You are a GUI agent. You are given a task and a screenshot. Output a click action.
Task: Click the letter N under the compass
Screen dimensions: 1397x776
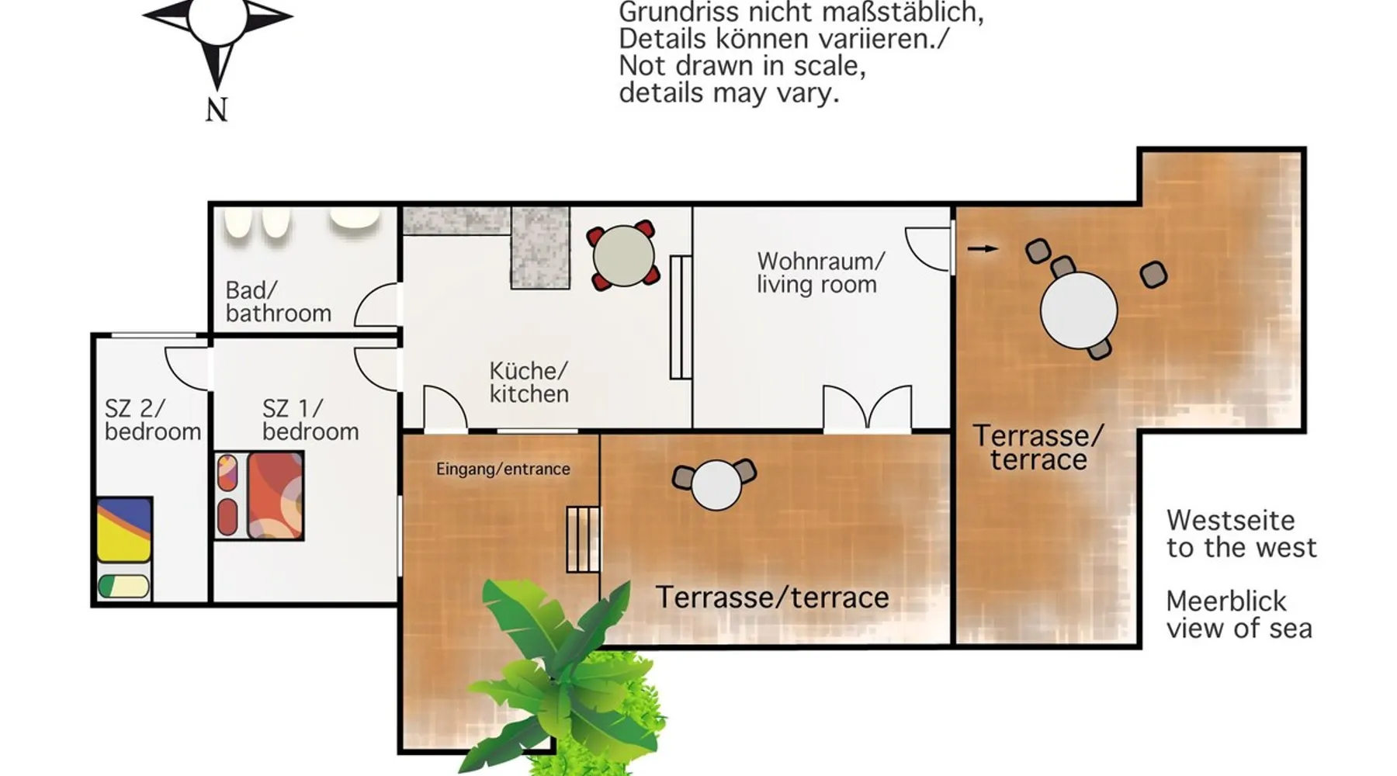pyautogui.click(x=217, y=110)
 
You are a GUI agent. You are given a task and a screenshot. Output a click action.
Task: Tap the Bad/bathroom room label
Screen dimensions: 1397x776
pyautogui.click(x=278, y=302)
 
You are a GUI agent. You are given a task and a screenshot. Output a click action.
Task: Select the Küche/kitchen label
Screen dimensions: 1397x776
pyautogui.click(x=529, y=382)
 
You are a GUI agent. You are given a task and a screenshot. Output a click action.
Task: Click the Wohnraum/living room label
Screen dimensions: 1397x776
pyautogui.click(x=820, y=272)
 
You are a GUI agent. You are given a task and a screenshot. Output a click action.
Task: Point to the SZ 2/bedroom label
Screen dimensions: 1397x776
pyautogui.click(x=153, y=420)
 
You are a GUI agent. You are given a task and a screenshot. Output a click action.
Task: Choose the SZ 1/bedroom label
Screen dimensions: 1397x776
pyautogui.click(x=310, y=420)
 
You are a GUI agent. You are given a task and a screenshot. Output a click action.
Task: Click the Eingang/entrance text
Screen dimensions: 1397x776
pyautogui.click(x=503, y=469)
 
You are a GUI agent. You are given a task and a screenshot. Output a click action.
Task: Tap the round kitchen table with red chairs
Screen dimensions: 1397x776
pyautogui.click(x=623, y=255)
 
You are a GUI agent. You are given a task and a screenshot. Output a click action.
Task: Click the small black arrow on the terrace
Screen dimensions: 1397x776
pyautogui.click(x=983, y=248)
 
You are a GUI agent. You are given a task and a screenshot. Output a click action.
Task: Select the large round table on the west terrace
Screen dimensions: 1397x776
pyautogui.click(x=1079, y=310)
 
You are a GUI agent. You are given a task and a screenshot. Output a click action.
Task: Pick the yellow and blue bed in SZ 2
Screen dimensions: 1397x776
pyautogui.click(x=123, y=529)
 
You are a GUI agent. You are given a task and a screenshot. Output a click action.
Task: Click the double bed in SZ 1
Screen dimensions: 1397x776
pyautogui.click(x=259, y=496)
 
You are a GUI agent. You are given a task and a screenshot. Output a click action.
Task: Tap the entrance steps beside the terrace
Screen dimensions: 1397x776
pyautogui.click(x=583, y=539)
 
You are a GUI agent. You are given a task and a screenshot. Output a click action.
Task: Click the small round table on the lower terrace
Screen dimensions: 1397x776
pyautogui.click(x=716, y=485)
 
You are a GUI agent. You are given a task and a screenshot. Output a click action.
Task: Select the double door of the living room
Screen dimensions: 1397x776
pyautogui.click(x=867, y=407)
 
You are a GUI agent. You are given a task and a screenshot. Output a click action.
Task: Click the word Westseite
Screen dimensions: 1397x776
pyautogui.click(x=1230, y=520)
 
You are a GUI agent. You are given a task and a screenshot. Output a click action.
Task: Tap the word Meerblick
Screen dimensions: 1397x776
pyautogui.click(x=1226, y=601)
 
